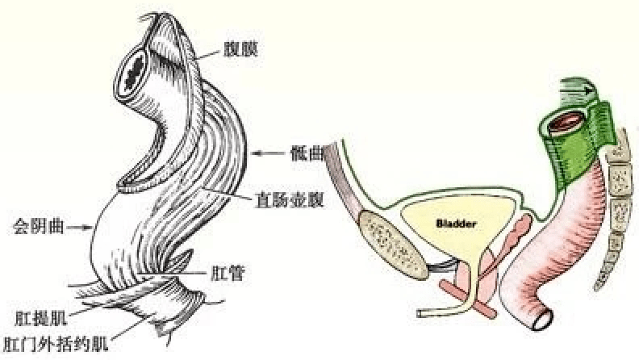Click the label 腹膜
[x=241, y=50]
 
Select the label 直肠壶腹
[x=289, y=199]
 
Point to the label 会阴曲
[x=39, y=226]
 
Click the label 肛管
[x=228, y=273]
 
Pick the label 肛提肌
[x=41, y=318]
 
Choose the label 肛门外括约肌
[x=56, y=344]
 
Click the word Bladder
[x=456, y=224]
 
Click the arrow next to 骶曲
[x=268, y=153]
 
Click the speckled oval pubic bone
[x=393, y=244]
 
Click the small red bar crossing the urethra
[x=468, y=299]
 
